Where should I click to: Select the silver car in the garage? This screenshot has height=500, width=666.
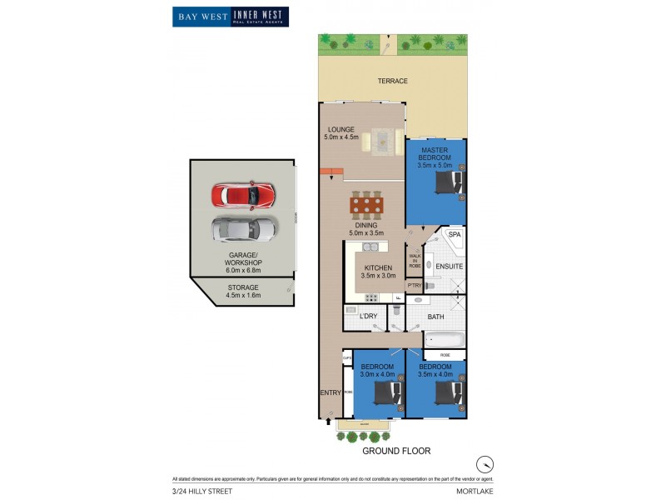245,227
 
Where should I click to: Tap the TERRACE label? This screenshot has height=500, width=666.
392,81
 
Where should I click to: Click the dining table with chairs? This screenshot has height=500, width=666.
366,204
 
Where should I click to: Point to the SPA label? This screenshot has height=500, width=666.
455,235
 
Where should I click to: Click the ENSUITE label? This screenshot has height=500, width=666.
450,266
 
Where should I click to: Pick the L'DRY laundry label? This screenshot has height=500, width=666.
368,317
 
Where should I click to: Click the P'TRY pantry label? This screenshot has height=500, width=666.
415,286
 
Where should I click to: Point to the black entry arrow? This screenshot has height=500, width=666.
327,422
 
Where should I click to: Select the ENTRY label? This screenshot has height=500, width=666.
331,392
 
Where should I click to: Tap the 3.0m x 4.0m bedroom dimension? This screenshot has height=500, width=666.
377,374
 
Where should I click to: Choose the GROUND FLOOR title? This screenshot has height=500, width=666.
395,451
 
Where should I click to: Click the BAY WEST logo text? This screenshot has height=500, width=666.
201,16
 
